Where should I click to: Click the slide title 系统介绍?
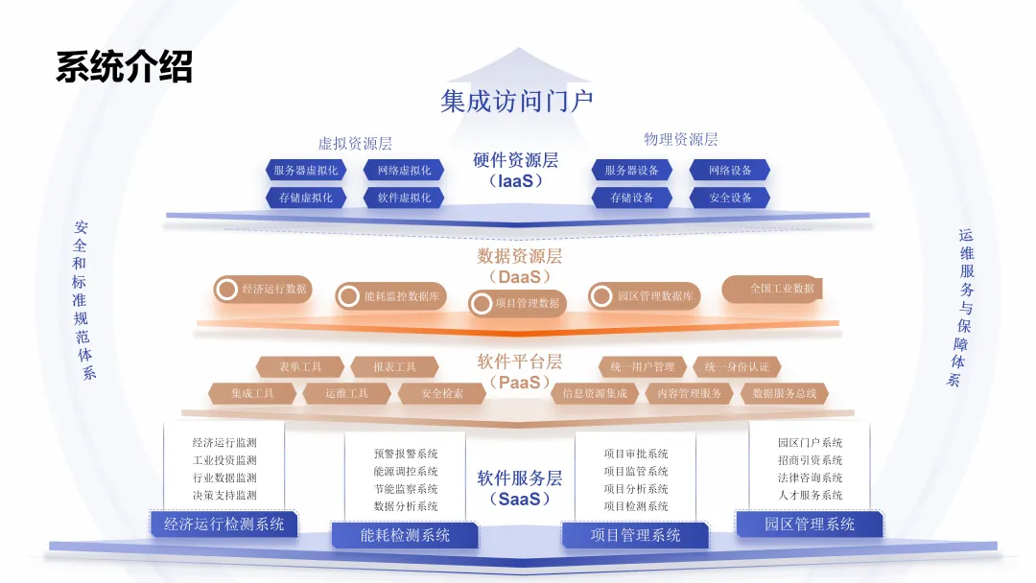tap(125, 68)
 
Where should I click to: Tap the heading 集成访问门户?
tap(517, 100)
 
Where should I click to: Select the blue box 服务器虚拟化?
tap(304, 171)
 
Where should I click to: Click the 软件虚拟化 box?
tap(403, 198)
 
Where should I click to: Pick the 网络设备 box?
tap(730, 171)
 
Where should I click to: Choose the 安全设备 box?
tap(730, 198)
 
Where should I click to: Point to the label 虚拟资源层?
tap(355, 144)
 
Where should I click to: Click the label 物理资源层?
tap(680, 139)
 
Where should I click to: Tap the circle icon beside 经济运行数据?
tap(226, 289)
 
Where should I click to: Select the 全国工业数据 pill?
tap(781, 288)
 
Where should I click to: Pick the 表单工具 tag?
tap(300, 367)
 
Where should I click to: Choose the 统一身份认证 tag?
tap(737, 367)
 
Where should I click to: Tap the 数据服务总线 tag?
tap(784, 393)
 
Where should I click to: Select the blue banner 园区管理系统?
tap(810, 525)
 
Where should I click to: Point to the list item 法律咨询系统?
tap(810, 478)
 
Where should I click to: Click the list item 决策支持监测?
tap(224, 496)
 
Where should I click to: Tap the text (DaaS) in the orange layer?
tap(519, 276)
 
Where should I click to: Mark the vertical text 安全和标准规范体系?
tap(82, 300)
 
